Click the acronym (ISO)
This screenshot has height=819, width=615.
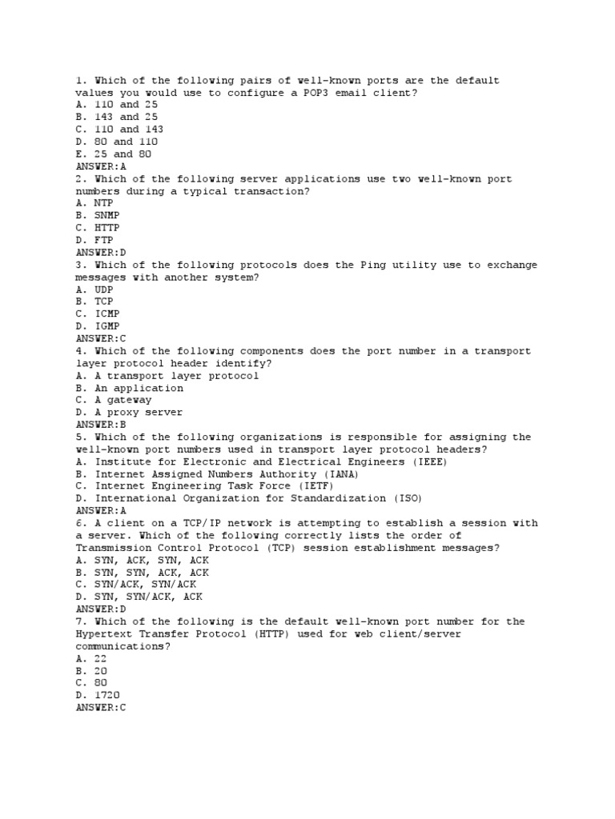(411, 498)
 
